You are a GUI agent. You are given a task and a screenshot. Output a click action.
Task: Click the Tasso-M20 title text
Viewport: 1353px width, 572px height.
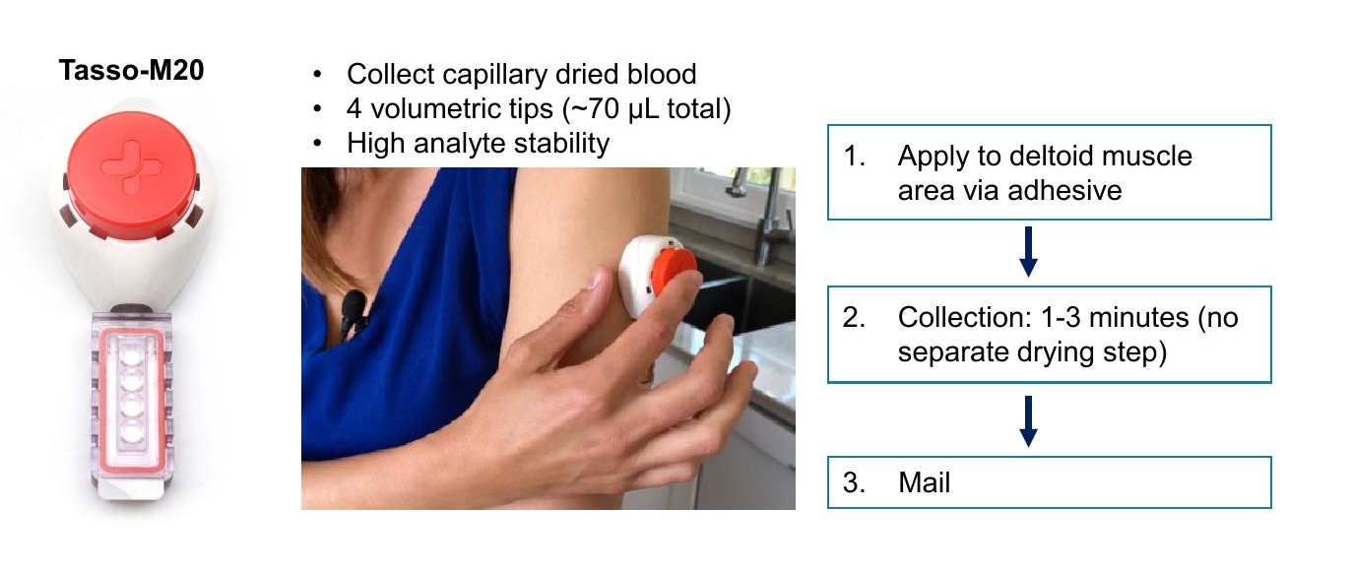131,71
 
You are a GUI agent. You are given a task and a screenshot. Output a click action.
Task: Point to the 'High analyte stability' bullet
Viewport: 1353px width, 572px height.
478,143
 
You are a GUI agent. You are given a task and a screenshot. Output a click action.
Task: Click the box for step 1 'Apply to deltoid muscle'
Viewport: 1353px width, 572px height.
1049,171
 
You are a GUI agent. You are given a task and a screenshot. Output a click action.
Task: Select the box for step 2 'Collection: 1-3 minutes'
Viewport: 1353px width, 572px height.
1049,334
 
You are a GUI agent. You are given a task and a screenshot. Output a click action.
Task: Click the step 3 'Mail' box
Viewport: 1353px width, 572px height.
1049,482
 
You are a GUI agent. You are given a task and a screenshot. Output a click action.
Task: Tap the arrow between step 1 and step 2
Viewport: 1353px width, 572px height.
1028,253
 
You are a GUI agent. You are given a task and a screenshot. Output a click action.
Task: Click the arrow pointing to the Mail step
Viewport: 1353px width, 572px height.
1028,420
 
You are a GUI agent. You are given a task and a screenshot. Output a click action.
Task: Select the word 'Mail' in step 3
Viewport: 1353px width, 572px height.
924,483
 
